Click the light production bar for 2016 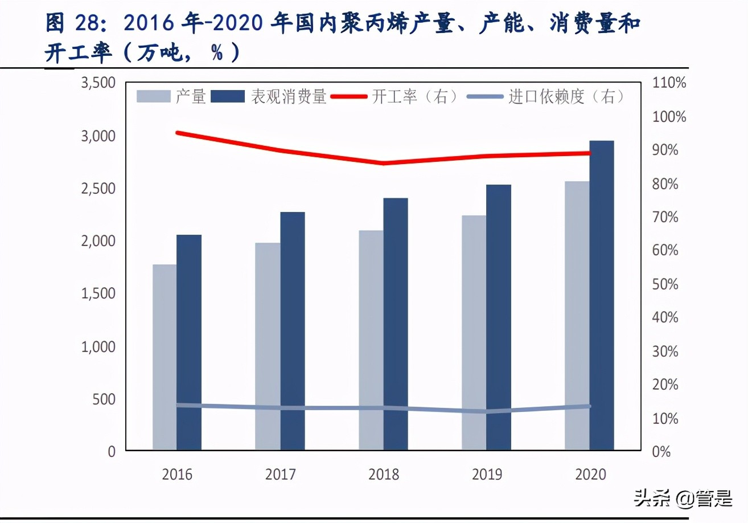[x=165, y=357]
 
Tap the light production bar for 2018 [x=371, y=340]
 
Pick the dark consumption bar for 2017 [x=293, y=331]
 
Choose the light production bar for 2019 [x=474, y=333]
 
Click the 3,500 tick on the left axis [x=98, y=83]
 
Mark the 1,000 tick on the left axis [x=98, y=346]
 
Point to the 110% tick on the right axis [x=669, y=83]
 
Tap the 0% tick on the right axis [x=661, y=452]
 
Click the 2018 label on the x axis [x=384, y=475]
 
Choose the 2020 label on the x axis [x=590, y=475]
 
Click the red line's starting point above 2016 [x=178, y=133]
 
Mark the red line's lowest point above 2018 [x=384, y=164]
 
